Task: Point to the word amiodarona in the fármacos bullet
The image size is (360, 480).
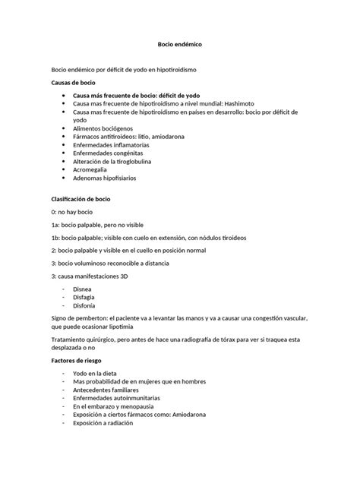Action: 176,137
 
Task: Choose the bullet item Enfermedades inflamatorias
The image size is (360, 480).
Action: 114,145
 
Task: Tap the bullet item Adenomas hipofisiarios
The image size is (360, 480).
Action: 107,179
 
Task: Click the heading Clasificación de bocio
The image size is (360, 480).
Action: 80,198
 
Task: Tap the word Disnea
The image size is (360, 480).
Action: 83,289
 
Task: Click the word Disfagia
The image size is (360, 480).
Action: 84,297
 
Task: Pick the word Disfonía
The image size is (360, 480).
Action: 84,305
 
